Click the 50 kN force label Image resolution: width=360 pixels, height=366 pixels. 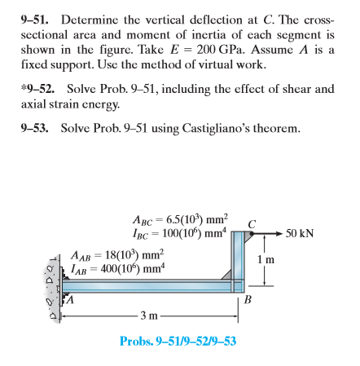point(301,233)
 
